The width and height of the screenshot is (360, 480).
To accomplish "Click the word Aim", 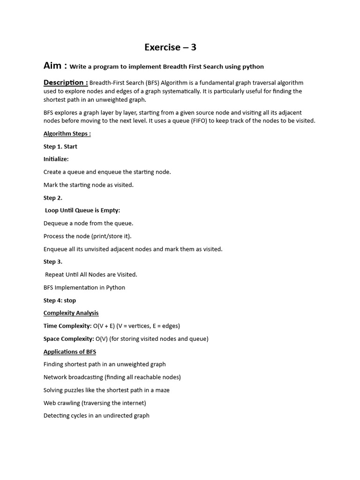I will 53,66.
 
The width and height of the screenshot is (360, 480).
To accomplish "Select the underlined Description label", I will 65,83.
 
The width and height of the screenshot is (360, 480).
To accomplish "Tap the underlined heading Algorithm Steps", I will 67,134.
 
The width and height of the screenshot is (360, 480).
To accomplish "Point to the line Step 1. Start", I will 60,146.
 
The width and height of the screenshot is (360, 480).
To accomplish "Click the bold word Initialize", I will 56,159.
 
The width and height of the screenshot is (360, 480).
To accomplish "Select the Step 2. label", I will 53,198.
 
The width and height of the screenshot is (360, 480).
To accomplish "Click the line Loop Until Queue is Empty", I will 82,210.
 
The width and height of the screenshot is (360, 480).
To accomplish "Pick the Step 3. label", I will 53,262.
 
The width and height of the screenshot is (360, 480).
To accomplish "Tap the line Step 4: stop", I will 60,300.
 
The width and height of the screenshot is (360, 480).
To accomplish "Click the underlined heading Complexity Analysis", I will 71,313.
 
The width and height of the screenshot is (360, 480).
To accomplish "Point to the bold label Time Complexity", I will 67,326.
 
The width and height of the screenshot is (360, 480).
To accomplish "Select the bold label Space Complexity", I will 69,338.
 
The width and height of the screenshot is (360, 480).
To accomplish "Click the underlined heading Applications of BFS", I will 70,352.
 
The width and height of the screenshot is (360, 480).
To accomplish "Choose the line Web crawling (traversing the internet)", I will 95,403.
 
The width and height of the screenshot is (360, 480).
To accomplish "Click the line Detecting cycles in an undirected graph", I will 97,415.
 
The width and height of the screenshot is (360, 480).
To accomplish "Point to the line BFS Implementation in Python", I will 84,287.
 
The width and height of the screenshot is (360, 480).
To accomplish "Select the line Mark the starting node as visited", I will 89,185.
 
